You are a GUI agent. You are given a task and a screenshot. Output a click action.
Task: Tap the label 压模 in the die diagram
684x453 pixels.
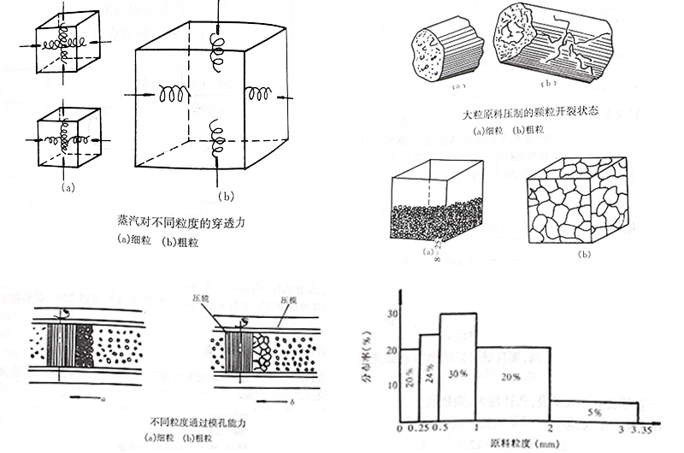tap(289, 300)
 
